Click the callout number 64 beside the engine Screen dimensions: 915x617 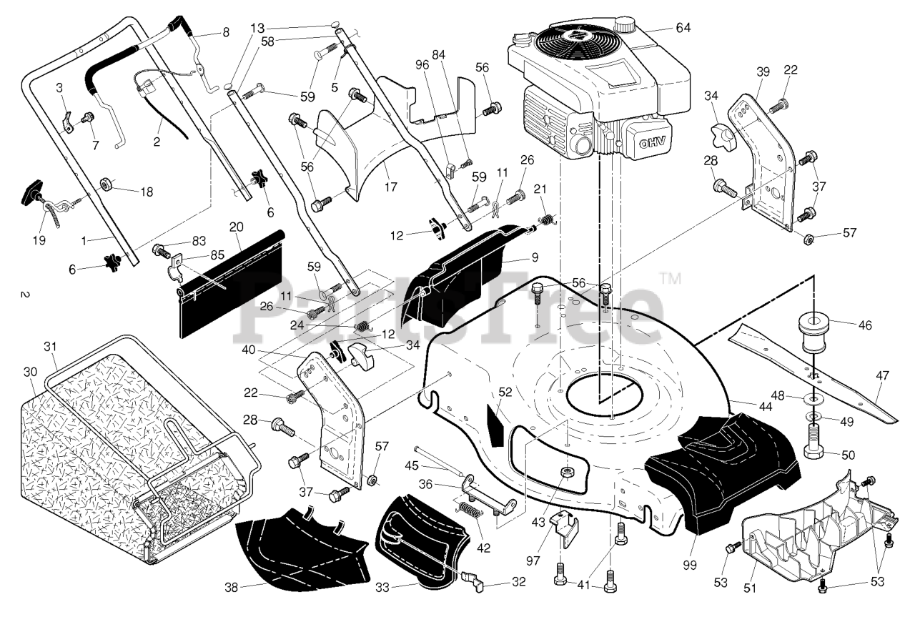click(x=683, y=28)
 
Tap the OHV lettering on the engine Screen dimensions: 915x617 click(x=652, y=142)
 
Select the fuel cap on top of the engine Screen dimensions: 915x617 click(x=626, y=24)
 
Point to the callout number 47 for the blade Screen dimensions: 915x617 click(x=883, y=375)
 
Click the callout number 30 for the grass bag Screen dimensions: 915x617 click(x=30, y=372)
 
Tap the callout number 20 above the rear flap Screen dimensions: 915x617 click(x=237, y=227)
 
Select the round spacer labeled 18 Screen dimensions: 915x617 click(x=108, y=185)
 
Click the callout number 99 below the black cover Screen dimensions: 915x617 click(x=690, y=566)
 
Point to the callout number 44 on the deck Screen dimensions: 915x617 click(x=765, y=407)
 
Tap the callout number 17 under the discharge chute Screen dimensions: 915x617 click(x=390, y=187)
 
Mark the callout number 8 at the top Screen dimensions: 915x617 click(x=226, y=32)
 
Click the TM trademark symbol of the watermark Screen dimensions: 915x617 click(x=671, y=278)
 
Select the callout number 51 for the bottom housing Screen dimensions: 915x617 click(x=750, y=588)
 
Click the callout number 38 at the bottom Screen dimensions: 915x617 click(x=231, y=588)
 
